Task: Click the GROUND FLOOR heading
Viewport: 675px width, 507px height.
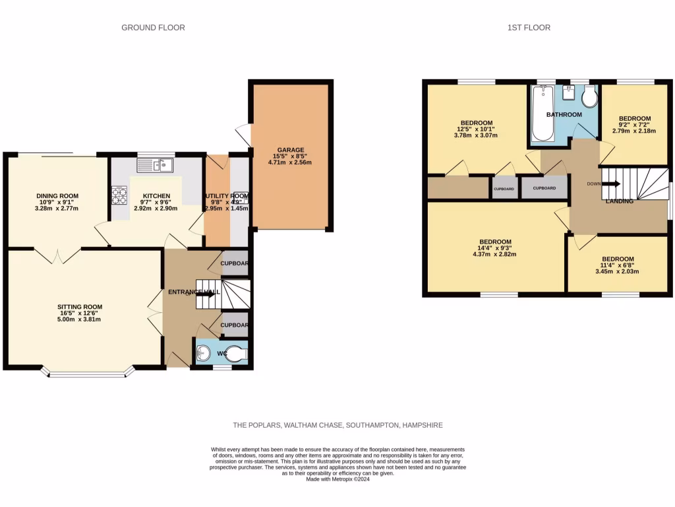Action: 153,28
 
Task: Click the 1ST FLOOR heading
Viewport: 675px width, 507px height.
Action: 529,28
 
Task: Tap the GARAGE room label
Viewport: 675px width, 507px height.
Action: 290,150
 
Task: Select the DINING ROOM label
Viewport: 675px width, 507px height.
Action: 57,196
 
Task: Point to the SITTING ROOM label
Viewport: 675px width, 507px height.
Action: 80,307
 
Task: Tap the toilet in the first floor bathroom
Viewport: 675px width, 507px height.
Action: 589,99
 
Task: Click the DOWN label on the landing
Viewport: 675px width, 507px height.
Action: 594,184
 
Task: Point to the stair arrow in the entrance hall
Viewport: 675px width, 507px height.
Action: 206,294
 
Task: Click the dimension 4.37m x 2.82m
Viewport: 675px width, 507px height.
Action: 494,254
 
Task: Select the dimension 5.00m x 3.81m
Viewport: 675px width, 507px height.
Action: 80,320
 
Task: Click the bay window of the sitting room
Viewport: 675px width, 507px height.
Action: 87,374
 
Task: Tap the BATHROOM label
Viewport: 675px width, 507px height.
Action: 564,115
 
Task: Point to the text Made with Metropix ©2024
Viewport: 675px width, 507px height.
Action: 337,479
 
